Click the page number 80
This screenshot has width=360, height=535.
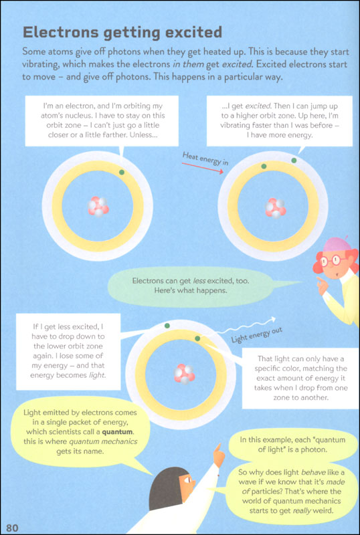12,528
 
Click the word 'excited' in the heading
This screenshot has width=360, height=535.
194,32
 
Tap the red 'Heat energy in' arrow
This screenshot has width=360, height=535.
203,168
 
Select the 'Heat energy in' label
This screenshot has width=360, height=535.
205,158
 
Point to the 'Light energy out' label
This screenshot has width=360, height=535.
257,335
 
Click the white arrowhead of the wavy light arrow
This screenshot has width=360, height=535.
272,320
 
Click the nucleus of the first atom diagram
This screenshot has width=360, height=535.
98,207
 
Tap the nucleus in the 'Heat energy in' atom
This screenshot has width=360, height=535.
276,208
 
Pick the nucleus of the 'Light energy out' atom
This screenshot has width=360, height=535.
185,374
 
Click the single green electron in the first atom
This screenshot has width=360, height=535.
122,173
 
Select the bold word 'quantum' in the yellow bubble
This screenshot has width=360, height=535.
117,431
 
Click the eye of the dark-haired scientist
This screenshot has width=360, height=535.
188,480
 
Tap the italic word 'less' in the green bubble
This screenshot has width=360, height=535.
199,281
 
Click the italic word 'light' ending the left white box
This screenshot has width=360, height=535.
97,375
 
